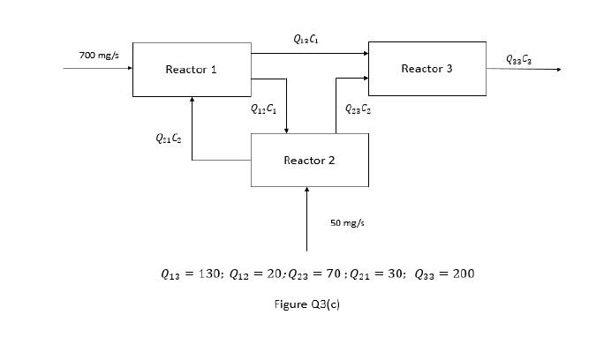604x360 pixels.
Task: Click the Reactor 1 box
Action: pyautogui.click(x=192, y=69)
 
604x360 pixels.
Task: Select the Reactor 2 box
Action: pyautogui.click(x=309, y=160)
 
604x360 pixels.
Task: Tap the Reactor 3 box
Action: pyautogui.click(x=427, y=68)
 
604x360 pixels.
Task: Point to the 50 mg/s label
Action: pyautogui.click(x=347, y=223)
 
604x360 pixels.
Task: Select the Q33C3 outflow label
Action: pyautogui.click(x=519, y=59)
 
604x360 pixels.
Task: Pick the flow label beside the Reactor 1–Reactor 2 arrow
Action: pyautogui.click(x=263, y=109)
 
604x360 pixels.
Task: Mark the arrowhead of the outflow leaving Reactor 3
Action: pyautogui.click(x=557, y=69)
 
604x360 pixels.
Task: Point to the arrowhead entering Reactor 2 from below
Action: pyautogui.click(x=306, y=190)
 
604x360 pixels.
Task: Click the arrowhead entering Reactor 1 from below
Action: pyautogui.click(x=192, y=100)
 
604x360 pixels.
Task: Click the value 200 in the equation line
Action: pyautogui.click(x=463, y=274)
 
